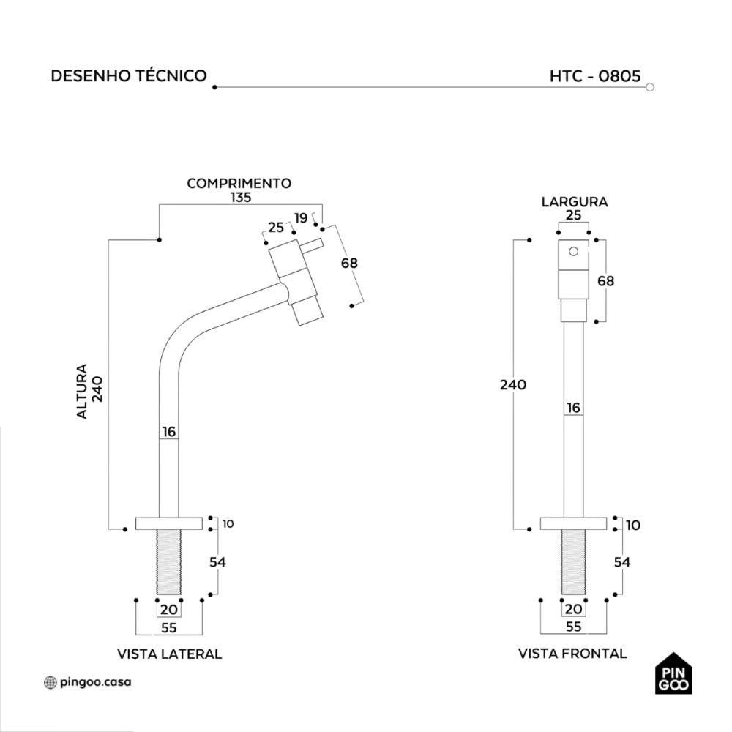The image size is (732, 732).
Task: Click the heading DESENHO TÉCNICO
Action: pos(128,76)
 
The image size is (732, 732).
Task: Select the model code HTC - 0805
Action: pos(595,76)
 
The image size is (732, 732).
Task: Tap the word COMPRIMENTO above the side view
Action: pos(239,183)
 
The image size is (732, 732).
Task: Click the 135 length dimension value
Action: pos(239,197)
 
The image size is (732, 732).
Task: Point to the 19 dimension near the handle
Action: pos(301,217)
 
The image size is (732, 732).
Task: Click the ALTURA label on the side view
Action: pos(82,392)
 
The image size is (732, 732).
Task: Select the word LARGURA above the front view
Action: pos(574,201)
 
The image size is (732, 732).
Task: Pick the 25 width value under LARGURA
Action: pos(574,214)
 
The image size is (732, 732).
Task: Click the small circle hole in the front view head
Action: pos(574,252)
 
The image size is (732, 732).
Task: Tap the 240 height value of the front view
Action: pos(513,384)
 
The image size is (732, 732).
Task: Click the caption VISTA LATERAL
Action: pos(169,654)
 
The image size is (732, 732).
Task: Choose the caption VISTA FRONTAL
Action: pos(572,654)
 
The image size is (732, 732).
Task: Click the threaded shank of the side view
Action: pos(168,561)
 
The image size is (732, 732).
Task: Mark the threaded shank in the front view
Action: pos(573,561)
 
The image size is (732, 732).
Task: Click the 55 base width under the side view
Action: pos(168,627)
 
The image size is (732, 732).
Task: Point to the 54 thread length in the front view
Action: pos(622,562)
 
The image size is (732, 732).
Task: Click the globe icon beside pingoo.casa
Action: pos(50,682)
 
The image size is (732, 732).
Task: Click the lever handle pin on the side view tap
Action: pos(311,245)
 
